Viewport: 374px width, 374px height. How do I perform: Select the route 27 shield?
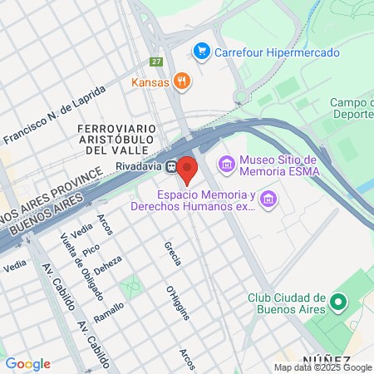coord(155,62)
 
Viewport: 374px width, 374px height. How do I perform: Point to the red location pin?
coord(188,170)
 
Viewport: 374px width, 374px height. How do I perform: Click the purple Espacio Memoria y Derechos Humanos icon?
coord(268,199)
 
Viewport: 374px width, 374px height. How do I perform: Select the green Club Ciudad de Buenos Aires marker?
coord(337,303)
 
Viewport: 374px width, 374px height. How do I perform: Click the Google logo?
coord(27,363)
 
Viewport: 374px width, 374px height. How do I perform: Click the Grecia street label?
coord(173,253)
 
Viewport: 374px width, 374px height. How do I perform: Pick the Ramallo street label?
coord(109,317)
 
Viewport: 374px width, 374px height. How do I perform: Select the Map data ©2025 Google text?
coord(323,367)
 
